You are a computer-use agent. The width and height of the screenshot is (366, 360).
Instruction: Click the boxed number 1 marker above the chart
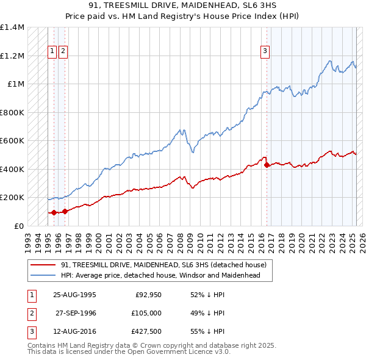pos(52,51)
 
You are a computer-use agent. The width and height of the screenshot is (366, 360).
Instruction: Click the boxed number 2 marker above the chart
pos(63,51)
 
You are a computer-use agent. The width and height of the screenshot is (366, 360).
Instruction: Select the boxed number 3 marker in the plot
pos(265,51)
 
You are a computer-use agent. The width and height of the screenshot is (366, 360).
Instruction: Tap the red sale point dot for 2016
pos(267,165)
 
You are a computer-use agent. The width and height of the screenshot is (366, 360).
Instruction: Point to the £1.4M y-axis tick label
pos(12,27)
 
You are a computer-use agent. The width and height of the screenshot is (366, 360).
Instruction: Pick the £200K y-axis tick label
pos(12,198)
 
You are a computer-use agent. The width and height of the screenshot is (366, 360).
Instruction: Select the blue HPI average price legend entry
pos(160,275)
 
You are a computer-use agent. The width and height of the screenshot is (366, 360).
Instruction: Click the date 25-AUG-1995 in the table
pos(74,294)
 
